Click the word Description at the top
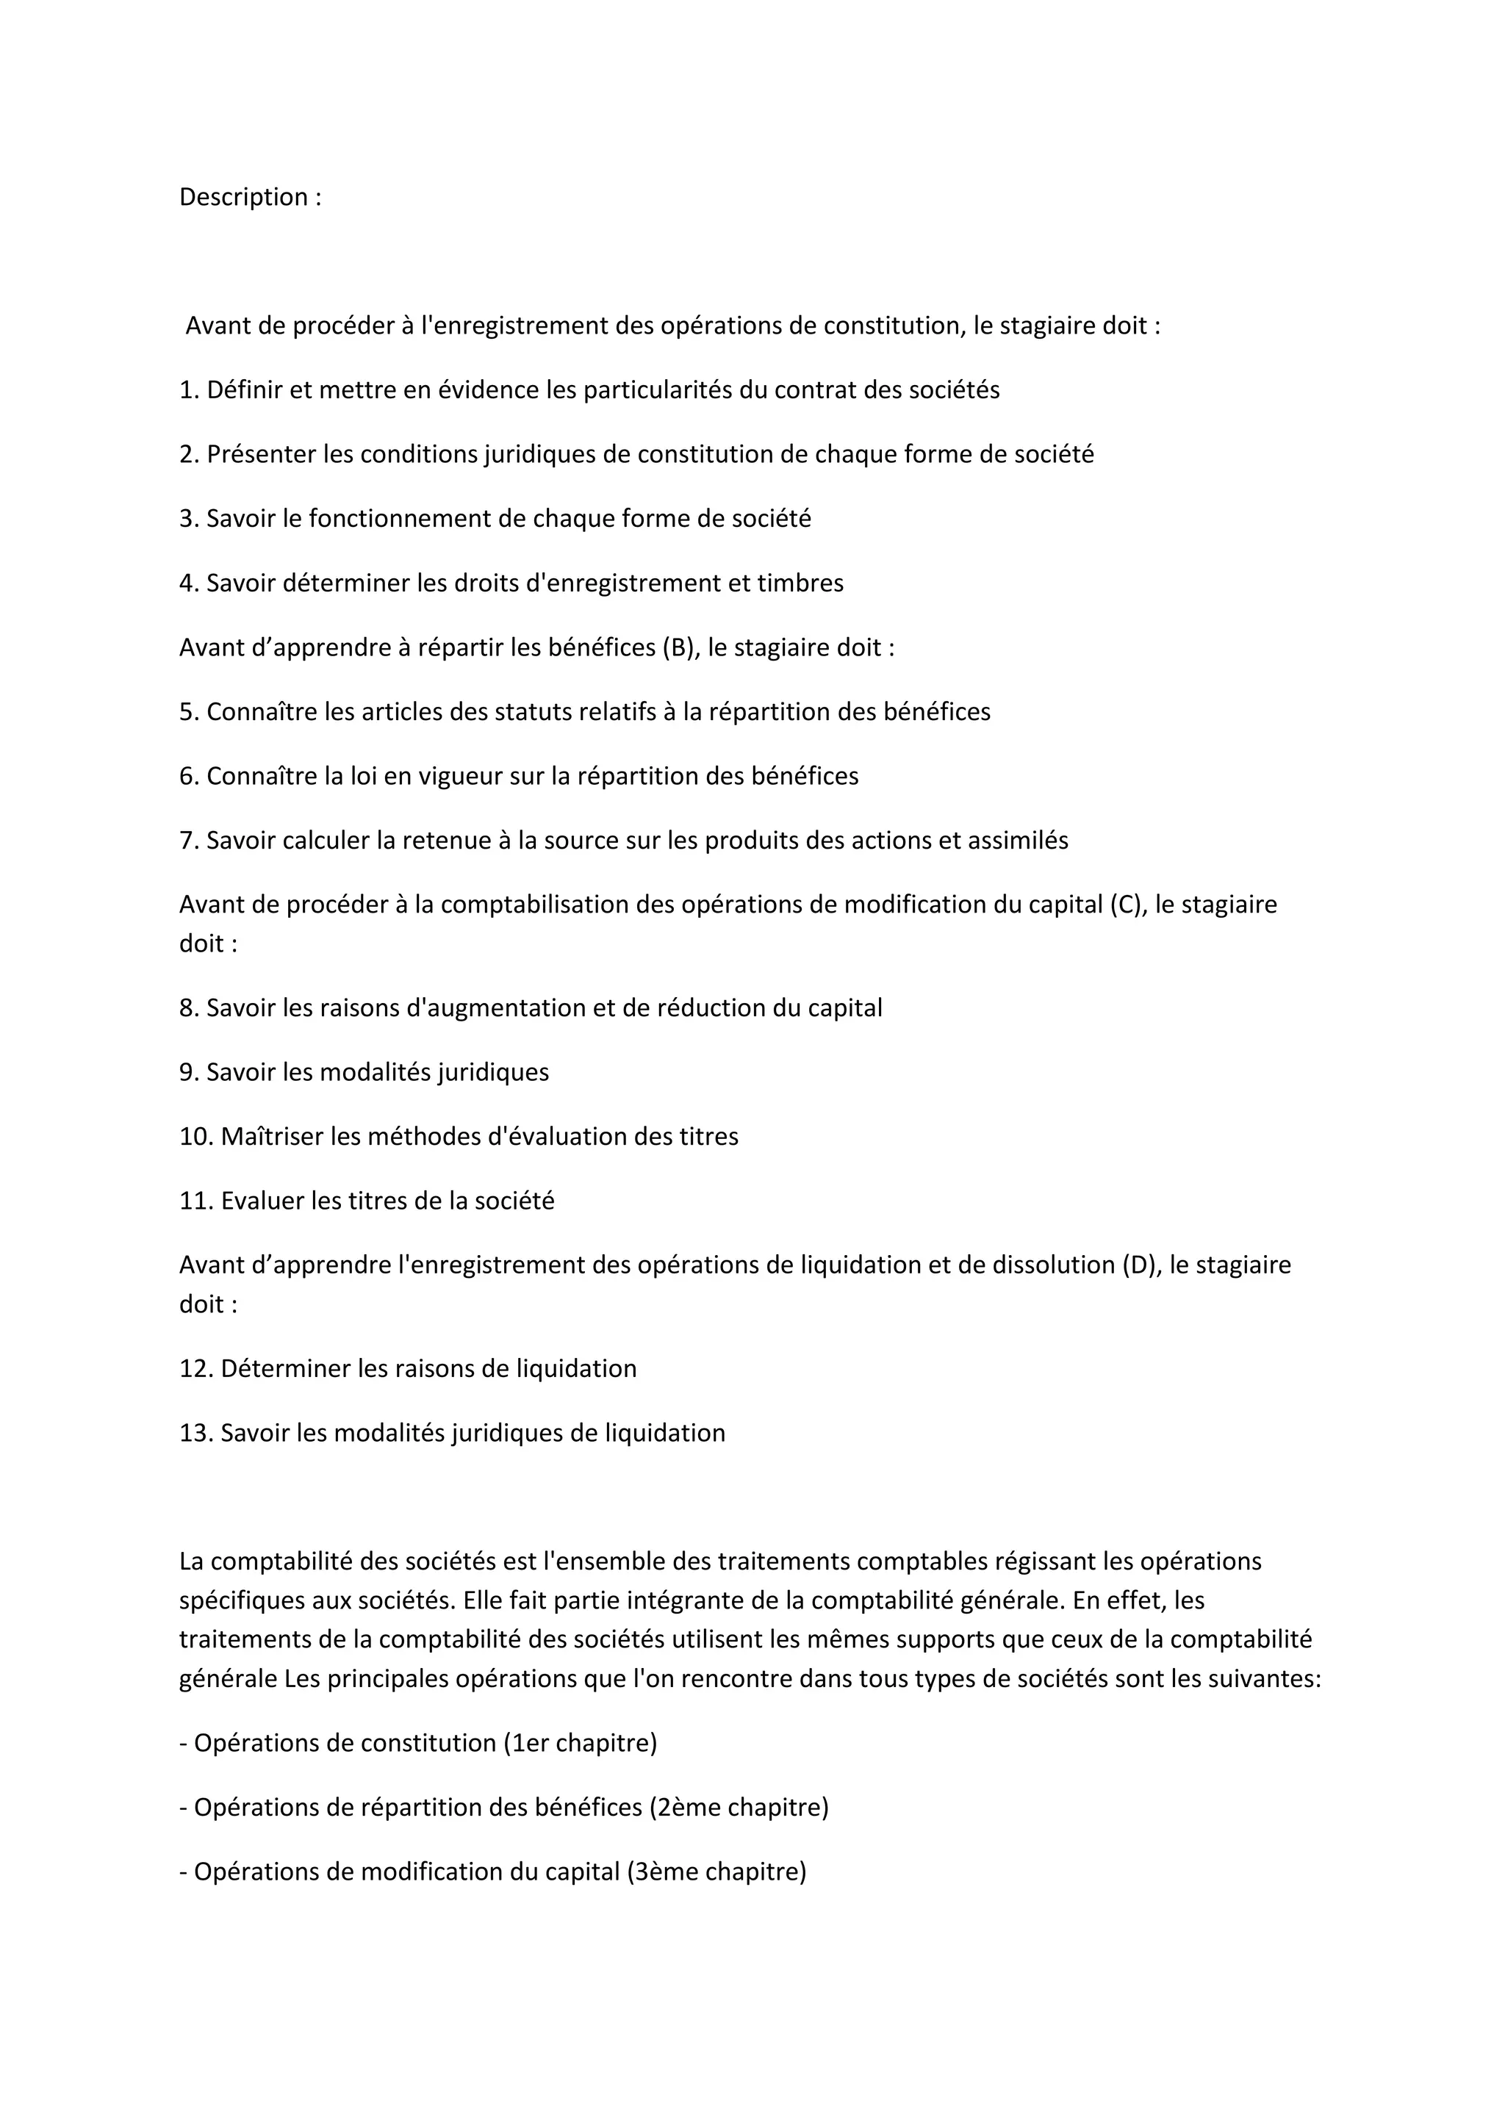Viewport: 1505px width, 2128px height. click(243, 198)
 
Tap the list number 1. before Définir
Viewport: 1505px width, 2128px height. click(189, 390)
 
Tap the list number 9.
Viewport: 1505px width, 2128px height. click(189, 1072)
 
